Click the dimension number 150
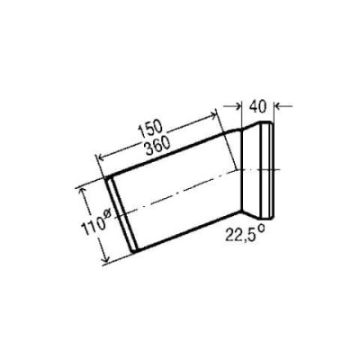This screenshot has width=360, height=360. point(150,129)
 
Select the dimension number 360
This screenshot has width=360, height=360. point(157,146)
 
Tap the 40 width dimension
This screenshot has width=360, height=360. point(257,106)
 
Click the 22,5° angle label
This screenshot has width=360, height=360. point(245,234)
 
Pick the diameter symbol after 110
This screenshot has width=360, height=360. point(107,213)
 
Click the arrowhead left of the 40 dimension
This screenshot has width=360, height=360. point(238,105)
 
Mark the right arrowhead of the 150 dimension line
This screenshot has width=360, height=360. point(212,114)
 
